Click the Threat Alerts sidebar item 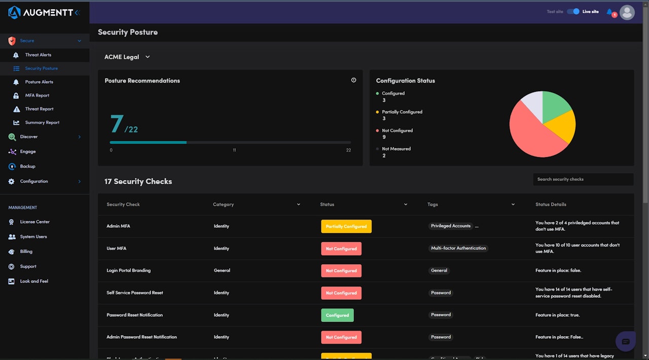click(38, 55)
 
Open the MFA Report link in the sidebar click(37, 95)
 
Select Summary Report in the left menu click(42, 123)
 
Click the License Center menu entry click(34, 222)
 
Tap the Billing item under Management click(26, 251)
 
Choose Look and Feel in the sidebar click(34, 281)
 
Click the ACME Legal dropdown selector click(127, 57)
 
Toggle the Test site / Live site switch click(573, 12)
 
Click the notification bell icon click(609, 12)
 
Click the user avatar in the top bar click(627, 12)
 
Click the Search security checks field click(583, 179)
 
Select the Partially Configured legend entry click(402, 112)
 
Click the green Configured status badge click(337, 315)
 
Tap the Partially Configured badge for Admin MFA click(346, 227)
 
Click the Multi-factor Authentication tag click(458, 248)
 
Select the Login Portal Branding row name click(128, 271)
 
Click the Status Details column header click(551, 205)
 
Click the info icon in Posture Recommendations click(353, 80)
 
